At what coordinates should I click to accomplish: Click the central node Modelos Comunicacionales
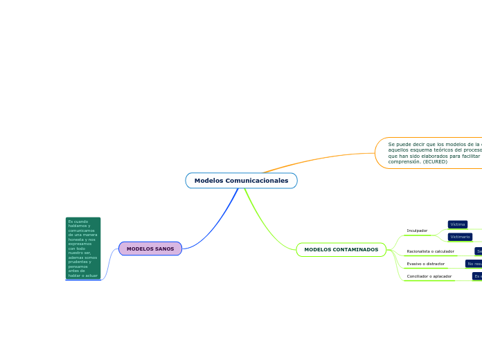[x=241, y=181]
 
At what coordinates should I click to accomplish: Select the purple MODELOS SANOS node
[x=150, y=249]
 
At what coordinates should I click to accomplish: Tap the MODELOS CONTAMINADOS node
[x=341, y=249]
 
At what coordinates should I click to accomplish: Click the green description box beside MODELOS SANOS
[x=83, y=248]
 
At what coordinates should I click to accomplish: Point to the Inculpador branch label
[x=417, y=231]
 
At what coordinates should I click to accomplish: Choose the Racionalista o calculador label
[x=430, y=251]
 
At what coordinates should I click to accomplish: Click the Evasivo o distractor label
[x=425, y=264]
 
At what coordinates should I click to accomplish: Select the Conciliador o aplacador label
[x=429, y=276]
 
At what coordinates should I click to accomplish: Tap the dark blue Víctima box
[x=458, y=224]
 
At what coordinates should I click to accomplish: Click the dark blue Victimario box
[x=460, y=237]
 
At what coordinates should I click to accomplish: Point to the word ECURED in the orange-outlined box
[x=436, y=162]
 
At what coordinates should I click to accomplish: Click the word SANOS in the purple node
[x=165, y=249]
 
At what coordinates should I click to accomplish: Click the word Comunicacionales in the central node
[x=256, y=181]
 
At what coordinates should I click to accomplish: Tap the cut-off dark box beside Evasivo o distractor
[x=474, y=264]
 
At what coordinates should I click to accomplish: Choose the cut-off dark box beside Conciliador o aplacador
[x=477, y=276]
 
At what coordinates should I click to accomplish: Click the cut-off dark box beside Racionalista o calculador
[x=478, y=251]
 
